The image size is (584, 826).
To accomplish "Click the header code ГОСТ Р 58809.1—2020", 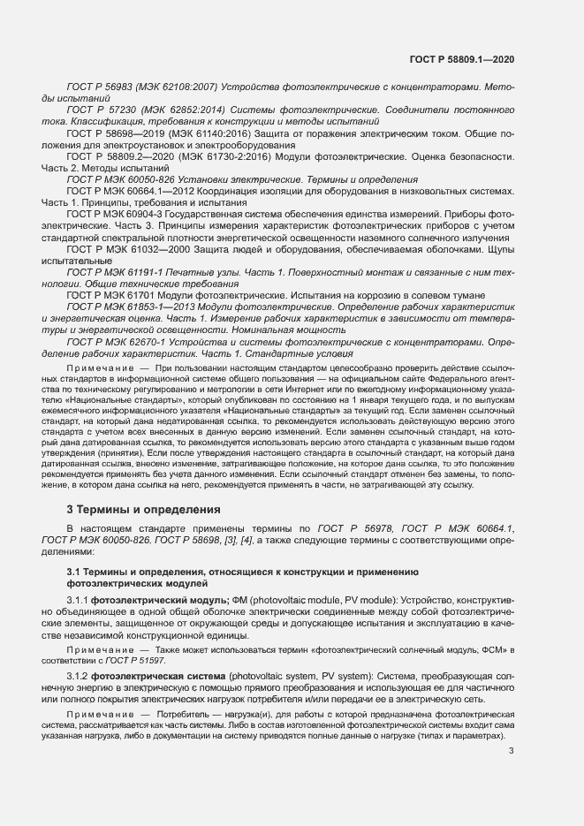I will point(462,59).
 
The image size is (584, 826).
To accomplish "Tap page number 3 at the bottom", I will point(512,751).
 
